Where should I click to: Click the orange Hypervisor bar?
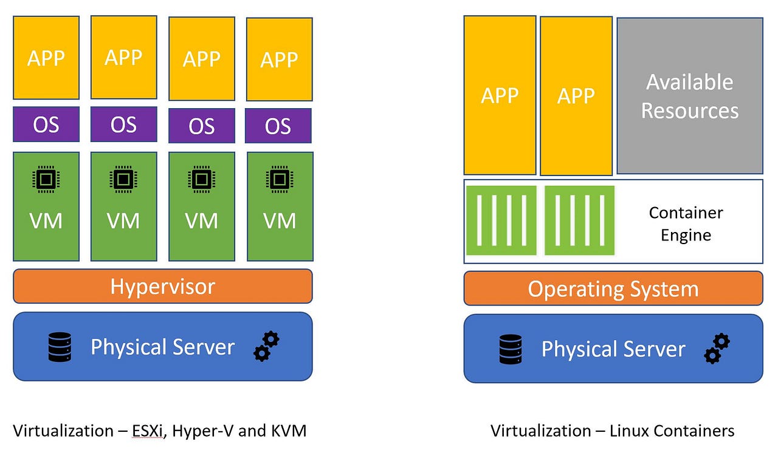(162, 286)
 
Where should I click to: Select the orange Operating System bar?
(613, 288)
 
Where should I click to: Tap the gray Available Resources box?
(690, 96)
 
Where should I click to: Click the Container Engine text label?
(686, 223)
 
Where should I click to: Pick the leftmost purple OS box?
(46, 124)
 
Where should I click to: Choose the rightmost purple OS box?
(278, 126)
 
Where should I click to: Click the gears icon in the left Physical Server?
(266, 347)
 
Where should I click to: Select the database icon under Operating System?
(511, 349)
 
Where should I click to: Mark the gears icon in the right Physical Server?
(717, 349)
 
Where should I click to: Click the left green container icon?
(501, 220)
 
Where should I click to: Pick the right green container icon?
(579, 220)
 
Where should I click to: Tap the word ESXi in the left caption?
(148, 431)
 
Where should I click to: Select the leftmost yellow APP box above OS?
(46, 58)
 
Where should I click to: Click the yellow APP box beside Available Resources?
(576, 96)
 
